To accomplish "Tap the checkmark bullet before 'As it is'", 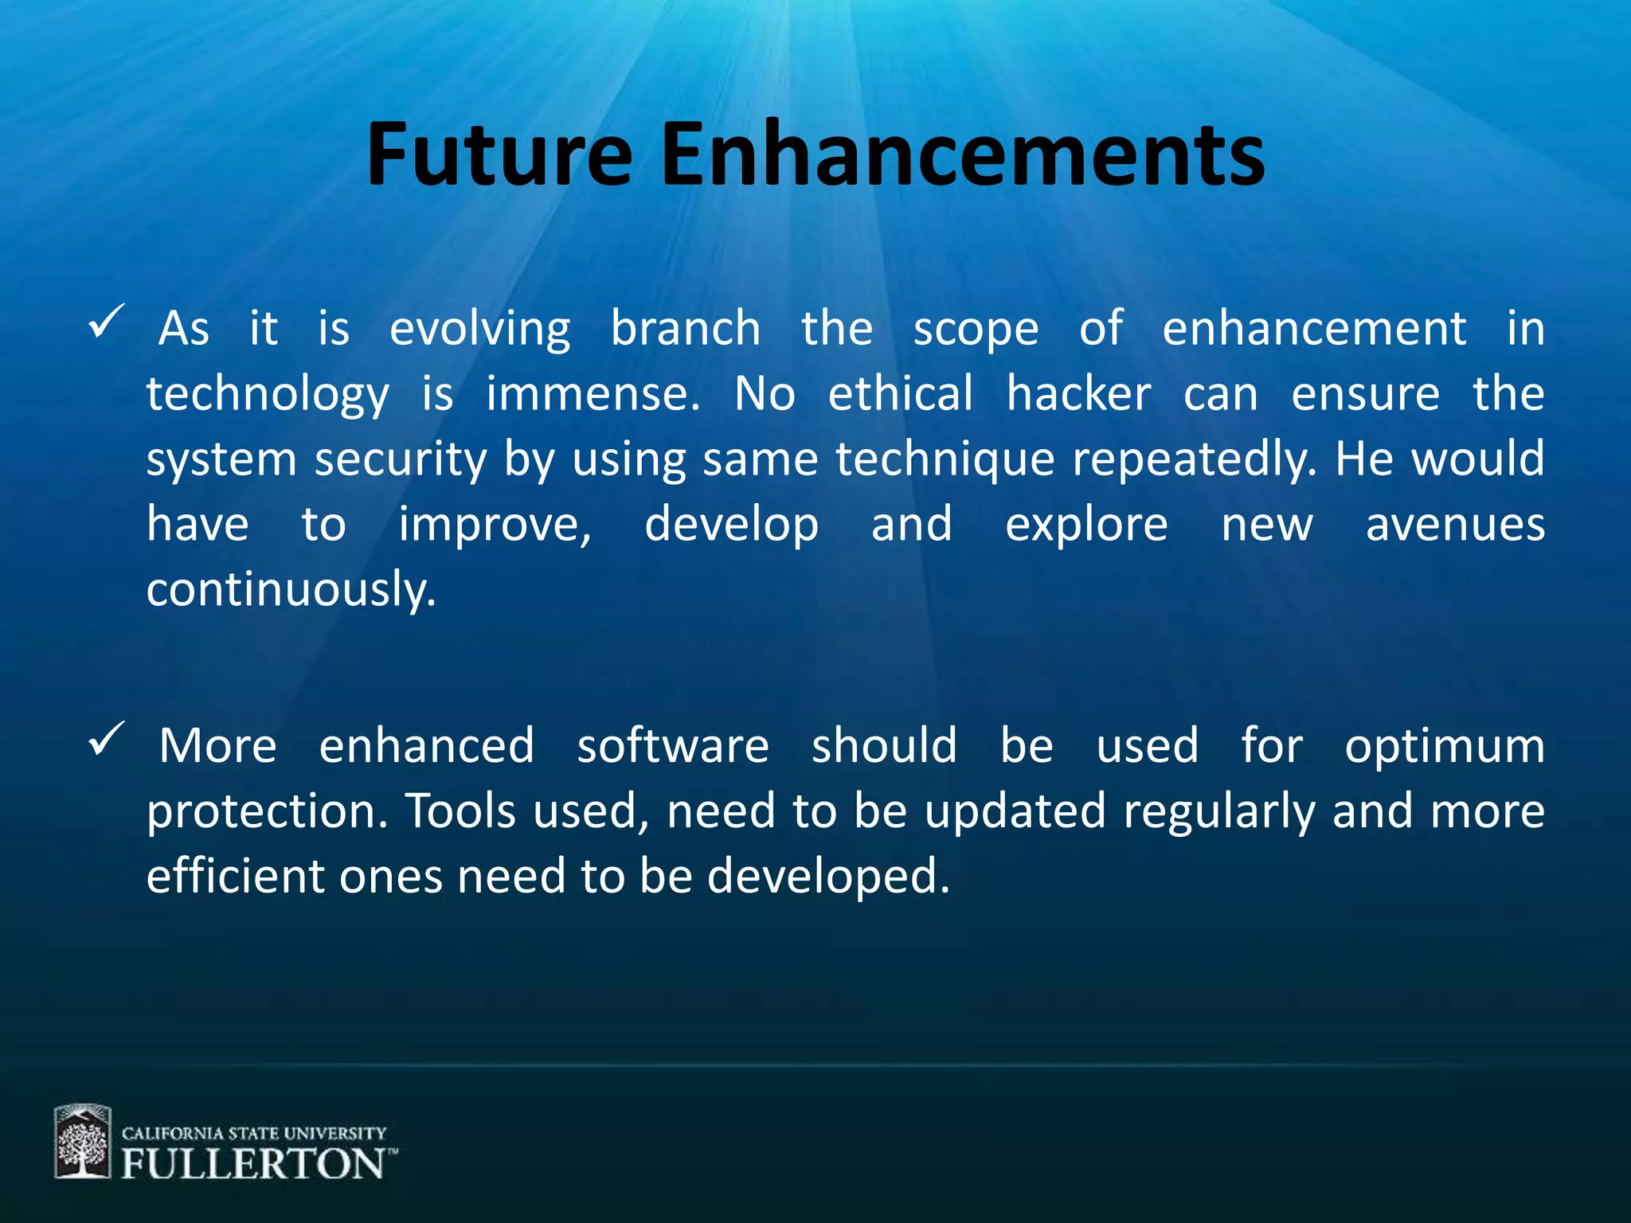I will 106,322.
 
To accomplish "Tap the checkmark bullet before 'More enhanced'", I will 106,739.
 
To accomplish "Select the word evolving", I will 479,330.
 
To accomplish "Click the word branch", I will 686,328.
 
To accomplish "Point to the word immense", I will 593,393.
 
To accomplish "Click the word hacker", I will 1078,393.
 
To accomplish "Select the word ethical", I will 900,393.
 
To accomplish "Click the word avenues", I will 1455,526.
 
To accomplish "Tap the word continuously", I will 291,591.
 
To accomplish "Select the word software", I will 673,746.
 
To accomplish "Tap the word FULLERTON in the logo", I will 253,1164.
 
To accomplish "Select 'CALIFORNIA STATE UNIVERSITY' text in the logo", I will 253,1132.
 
